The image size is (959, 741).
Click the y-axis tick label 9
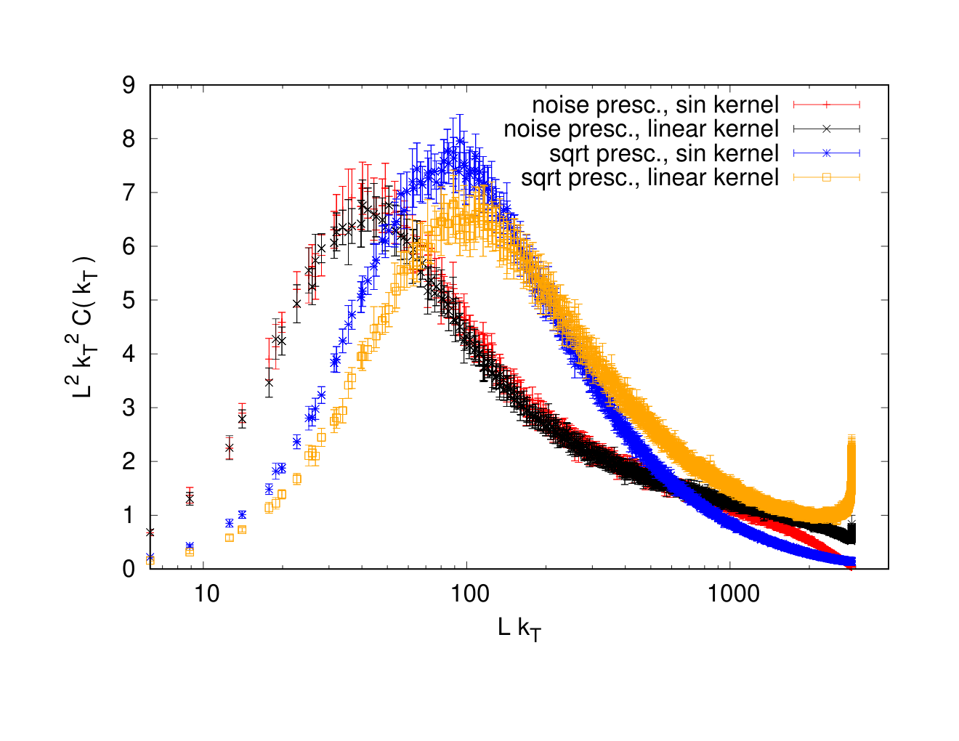click(x=129, y=85)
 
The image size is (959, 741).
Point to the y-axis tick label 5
click(x=129, y=300)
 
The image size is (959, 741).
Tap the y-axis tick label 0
click(x=129, y=569)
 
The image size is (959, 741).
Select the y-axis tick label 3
click(x=129, y=408)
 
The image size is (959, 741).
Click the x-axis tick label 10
click(x=206, y=594)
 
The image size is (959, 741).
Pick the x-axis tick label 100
click(x=469, y=594)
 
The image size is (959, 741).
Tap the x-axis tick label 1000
click(x=734, y=594)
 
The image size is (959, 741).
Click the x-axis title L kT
click(x=519, y=629)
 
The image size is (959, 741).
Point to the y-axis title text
click(x=84, y=327)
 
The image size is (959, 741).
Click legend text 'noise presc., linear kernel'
click(x=641, y=129)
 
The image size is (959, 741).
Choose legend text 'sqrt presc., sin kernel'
click(x=664, y=153)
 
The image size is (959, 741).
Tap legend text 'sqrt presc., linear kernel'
click(x=650, y=177)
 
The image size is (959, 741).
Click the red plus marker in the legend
click(x=827, y=105)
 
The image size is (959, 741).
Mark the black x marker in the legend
click(x=827, y=129)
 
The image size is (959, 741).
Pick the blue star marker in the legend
click(x=827, y=153)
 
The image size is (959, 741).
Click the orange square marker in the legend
click(x=827, y=177)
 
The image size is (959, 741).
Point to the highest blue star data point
click(x=461, y=141)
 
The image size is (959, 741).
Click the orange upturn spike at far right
click(x=851, y=472)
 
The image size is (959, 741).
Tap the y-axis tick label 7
click(x=129, y=193)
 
